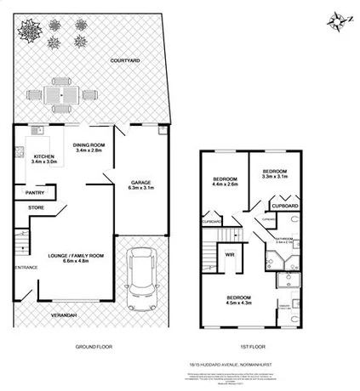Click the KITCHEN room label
click(43, 157)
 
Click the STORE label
click(35, 207)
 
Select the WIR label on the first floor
click(229, 254)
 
